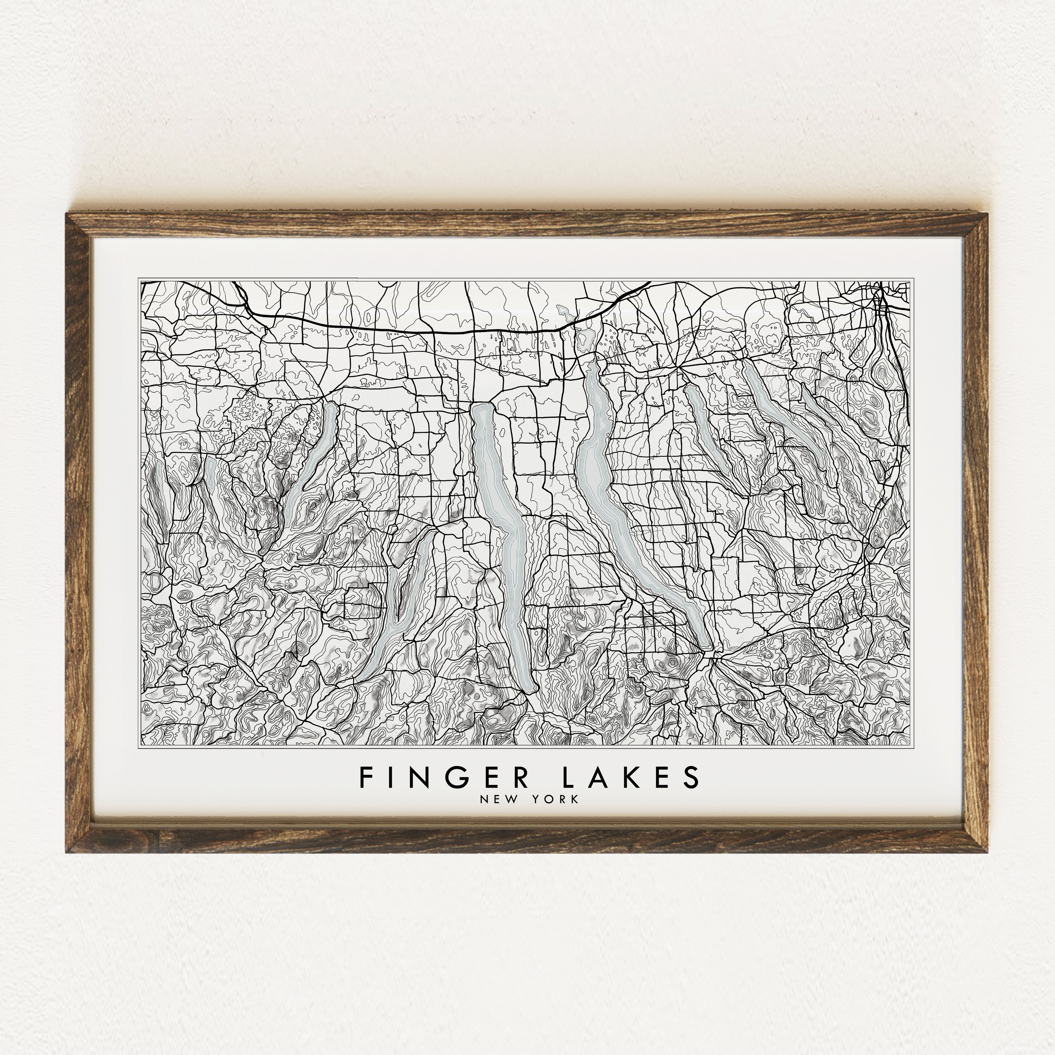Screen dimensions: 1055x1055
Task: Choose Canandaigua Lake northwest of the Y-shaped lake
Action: [x=311, y=464]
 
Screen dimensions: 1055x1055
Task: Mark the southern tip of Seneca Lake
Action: [x=529, y=689]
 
